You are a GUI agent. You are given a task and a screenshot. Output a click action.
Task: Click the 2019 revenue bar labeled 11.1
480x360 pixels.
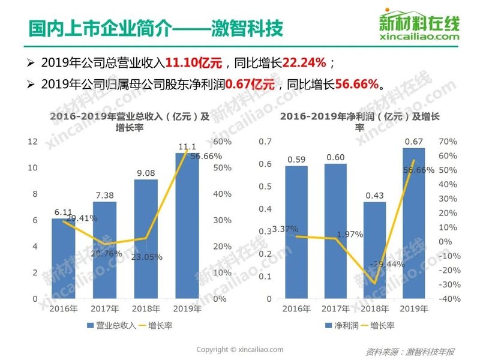pos(187,228)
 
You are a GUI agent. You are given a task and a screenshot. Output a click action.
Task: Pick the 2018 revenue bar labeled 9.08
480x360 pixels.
pos(146,240)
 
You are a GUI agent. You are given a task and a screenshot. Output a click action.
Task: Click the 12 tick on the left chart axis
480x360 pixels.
pos(33,142)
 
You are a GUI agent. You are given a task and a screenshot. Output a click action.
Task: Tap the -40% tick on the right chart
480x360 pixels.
pos(450,299)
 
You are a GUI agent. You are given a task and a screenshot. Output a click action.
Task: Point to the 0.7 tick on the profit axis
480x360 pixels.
pos(265,142)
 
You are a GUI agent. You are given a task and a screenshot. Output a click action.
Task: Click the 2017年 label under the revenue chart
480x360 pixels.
pos(104,309)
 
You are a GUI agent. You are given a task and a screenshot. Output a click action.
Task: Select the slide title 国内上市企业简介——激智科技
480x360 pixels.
pos(148,28)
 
